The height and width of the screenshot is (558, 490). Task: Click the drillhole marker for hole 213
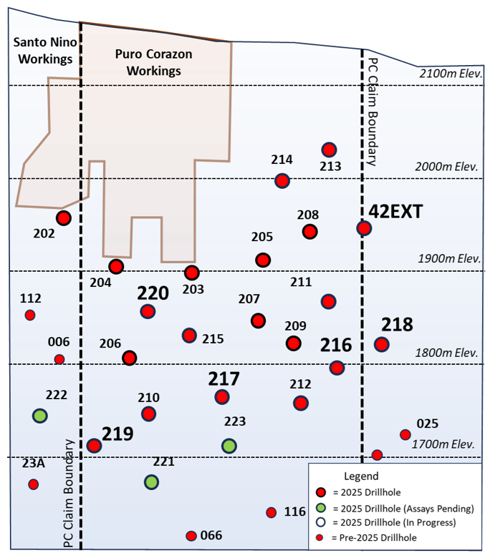click(x=329, y=150)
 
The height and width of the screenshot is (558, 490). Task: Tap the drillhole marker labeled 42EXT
click(x=364, y=228)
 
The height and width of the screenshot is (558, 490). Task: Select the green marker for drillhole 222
click(x=40, y=415)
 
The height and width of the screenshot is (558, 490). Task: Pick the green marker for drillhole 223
click(x=229, y=446)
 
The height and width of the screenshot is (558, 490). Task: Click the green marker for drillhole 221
click(x=151, y=481)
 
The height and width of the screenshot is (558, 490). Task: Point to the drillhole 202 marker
click(x=64, y=218)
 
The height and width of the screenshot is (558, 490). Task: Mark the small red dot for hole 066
click(x=191, y=536)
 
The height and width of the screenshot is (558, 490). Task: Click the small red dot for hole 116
click(x=272, y=512)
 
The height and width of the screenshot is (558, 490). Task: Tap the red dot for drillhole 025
click(x=405, y=434)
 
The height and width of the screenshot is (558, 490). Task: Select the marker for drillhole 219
click(x=94, y=446)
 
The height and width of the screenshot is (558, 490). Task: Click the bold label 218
click(x=397, y=325)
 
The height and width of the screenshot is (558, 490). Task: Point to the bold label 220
click(x=153, y=293)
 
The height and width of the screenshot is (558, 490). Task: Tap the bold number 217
click(x=224, y=378)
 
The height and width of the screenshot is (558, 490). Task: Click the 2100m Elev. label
click(x=450, y=74)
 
